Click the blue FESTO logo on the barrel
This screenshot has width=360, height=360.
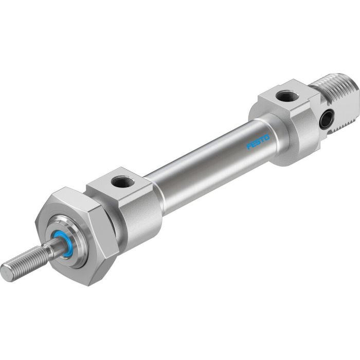[258, 142]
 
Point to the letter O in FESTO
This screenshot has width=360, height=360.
[267, 137]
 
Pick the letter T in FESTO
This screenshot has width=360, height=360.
[263, 139]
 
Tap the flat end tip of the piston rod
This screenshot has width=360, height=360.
[7, 273]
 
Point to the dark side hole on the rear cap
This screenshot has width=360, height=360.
[326, 120]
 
